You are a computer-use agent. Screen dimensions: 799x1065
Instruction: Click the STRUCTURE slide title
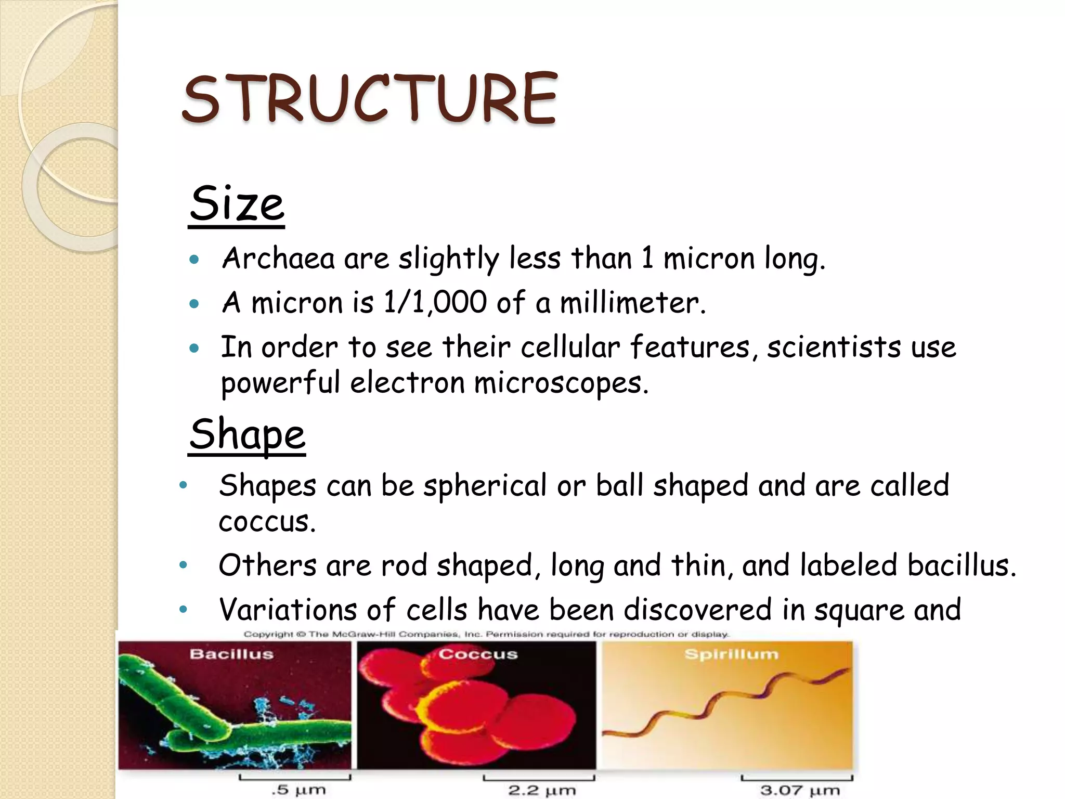(x=370, y=99)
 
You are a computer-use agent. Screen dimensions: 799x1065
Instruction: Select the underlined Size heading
(x=237, y=204)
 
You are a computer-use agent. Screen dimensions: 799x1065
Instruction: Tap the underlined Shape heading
(x=247, y=435)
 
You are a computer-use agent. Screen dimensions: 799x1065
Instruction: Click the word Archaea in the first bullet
(x=278, y=258)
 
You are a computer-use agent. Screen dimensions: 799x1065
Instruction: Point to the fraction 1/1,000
(x=435, y=302)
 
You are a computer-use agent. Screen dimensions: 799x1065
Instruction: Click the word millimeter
(x=632, y=303)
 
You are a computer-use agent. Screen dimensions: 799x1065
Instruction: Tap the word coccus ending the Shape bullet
(x=267, y=522)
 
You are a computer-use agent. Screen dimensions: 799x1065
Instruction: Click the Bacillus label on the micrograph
(x=231, y=654)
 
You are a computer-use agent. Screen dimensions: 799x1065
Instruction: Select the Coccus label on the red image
(x=478, y=654)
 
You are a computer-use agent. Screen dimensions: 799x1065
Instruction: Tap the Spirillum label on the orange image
(x=731, y=654)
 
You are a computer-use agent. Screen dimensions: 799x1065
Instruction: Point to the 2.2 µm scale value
(x=542, y=790)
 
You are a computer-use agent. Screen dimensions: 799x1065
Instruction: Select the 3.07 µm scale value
(x=799, y=790)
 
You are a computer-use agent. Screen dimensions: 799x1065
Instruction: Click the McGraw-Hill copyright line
(x=486, y=634)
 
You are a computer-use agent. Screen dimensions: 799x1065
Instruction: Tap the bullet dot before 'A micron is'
(x=194, y=304)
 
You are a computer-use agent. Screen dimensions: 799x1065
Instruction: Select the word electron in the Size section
(x=407, y=383)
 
